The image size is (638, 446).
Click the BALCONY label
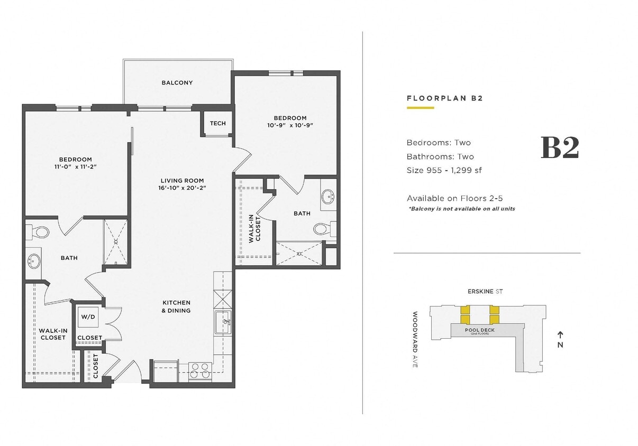click(x=177, y=83)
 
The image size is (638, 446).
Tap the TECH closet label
click(x=217, y=124)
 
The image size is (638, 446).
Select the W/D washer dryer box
click(x=87, y=317)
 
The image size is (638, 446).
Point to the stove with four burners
click(x=200, y=370)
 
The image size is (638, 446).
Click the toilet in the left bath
click(x=40, y=233)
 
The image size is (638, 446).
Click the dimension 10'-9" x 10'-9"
click(x=290, y=125)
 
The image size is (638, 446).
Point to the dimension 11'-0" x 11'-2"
click(x=75, y=166)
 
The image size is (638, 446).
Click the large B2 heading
click(x=560, y=148)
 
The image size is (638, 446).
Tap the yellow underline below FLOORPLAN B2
click(x=420, y=108)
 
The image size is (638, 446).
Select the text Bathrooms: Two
click(x=440, y=156)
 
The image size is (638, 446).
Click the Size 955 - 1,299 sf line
click(x=444, y=170)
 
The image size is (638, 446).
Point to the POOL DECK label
click(x=479, y=330)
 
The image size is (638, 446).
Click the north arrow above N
click(x=560, y=334)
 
